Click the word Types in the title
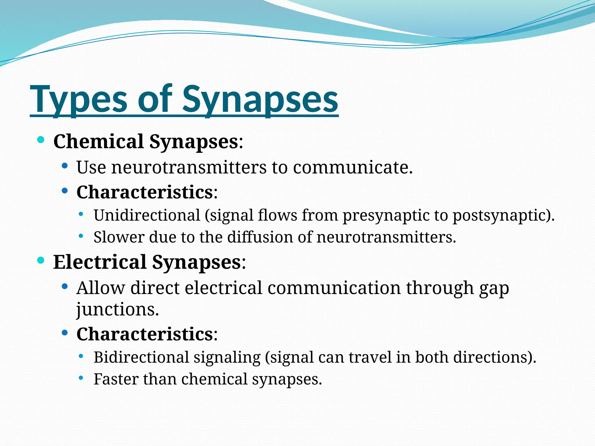coord(78,100)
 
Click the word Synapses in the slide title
coord(260,100)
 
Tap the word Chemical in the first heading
coord(98,142)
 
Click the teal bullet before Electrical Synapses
coord(41,260)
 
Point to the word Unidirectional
coord(147,215)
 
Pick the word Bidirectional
coord(141,357)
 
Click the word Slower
coord(119,237)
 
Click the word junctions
coord(117,310)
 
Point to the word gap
coord(494,289)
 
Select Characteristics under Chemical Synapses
coord(145,192)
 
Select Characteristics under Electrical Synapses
coord(145,334)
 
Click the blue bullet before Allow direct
coord(65,287)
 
